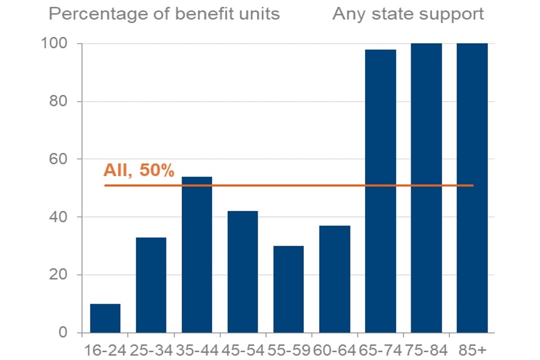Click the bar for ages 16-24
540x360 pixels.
(105, 318)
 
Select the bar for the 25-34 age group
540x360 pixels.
(151, 285)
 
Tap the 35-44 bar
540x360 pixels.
(197, 254)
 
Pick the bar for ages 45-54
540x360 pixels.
(243, 272)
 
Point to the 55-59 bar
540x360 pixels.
(289, 289)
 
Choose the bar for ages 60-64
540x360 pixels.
(335, 279)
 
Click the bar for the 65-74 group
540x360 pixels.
(381, 191)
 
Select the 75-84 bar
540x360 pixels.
(426, 188)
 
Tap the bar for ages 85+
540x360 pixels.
(472, 188)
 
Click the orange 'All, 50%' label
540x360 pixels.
(139, 170)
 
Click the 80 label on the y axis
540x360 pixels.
(59, 101)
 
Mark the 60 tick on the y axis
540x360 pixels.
(59, 159)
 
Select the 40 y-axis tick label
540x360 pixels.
(59, 217)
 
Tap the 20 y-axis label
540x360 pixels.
(59, 275)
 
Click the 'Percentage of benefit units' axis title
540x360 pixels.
(164, 14)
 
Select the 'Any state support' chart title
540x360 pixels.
(408, 14)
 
